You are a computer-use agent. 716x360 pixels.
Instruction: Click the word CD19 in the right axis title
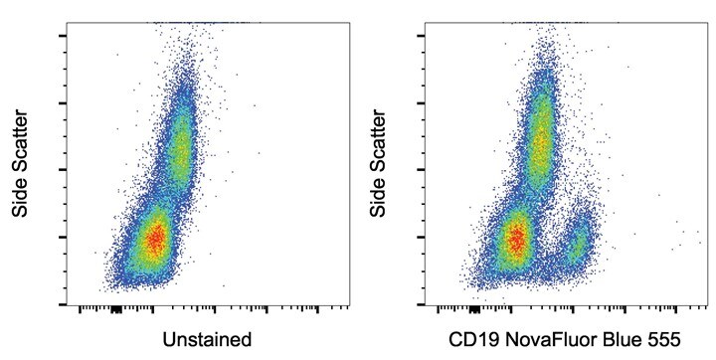click(469, 339)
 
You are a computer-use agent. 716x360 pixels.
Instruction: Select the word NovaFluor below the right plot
click(545, 339)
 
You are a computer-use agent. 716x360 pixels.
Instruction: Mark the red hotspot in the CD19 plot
click(515, 239)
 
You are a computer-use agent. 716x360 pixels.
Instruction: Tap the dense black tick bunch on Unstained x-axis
click(114, 308)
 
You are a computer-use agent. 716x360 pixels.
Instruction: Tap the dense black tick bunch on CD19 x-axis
click(474, 308)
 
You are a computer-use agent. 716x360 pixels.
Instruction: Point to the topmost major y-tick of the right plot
click(422, 36)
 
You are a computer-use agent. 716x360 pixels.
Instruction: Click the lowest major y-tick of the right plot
click(422, 303)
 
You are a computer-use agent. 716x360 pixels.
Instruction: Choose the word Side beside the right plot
click(378, 205)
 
